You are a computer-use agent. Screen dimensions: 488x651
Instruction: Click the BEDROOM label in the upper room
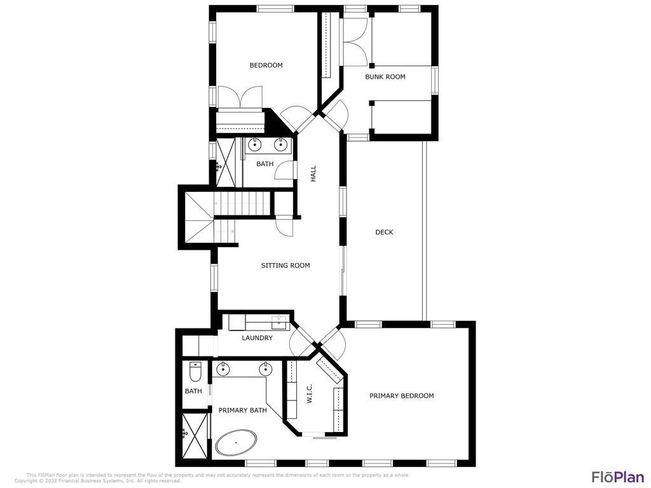click(x=266, y=65)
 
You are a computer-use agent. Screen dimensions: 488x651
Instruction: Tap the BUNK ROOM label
click(x=385, y=77)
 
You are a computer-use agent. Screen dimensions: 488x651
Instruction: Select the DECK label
click(x=384, y=233)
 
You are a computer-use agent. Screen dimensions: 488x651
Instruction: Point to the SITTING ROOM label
click(x=285, y=266)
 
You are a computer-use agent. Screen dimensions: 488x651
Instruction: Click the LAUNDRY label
click(x=257, y=338)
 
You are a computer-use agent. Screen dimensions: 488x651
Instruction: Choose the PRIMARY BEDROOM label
click(x=402, y=396)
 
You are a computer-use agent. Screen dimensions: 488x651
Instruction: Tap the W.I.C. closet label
click(x=310, y=393)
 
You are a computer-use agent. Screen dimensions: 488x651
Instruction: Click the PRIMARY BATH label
click(x=242, y=410)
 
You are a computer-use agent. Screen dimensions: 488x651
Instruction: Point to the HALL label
click(x=313, y=173)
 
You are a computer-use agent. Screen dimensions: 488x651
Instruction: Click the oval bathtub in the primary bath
click(x=236, y=442)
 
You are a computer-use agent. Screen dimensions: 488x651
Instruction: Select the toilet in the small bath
click(x=195, y=369)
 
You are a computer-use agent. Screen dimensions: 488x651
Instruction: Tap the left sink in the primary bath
click(x=223, y=369)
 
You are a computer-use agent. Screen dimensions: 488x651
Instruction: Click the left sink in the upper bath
click(x=254, y=144)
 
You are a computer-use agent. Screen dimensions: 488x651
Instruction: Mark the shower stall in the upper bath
click(x=226, y=162)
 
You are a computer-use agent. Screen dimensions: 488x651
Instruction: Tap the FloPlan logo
click(x=617, y=477)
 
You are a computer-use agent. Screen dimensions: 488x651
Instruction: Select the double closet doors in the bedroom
click(x=238, y=97)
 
